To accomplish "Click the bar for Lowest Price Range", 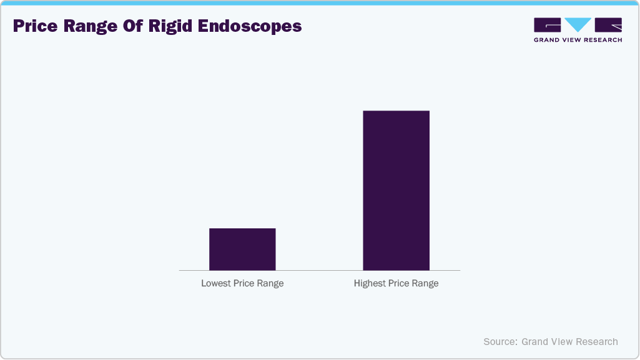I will pos(242,249).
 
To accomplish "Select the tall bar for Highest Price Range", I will pos(396,190).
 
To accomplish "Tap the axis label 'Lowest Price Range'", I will pos(242,283).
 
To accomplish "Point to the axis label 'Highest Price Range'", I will pos(396,283).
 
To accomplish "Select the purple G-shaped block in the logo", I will pos(548,25).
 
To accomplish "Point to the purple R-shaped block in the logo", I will pos(608,25).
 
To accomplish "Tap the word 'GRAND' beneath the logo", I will pos(547,40).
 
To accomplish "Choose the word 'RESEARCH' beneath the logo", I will pos(602,40).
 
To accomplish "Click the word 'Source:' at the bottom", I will pos(500,342).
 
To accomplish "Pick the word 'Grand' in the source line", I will pos(535,342).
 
